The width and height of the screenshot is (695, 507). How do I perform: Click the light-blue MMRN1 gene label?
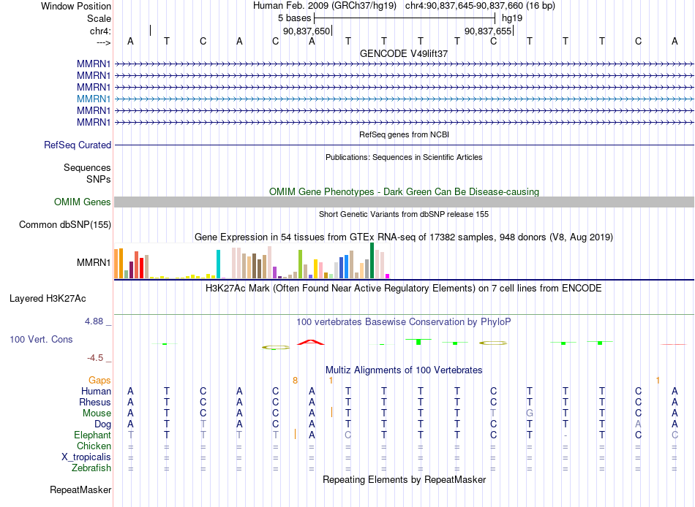coord(94,99)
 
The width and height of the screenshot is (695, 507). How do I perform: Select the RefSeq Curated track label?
coord(78,145)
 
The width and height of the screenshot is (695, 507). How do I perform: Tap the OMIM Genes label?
coord(83,202)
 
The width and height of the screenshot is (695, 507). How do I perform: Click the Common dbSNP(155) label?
coord(65,224)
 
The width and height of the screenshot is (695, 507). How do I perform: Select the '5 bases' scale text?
coord(294,18)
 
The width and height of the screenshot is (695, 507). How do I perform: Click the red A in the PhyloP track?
coord(311,342)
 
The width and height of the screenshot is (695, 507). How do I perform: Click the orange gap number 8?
coord(296,381)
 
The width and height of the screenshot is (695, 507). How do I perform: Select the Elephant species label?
coord(93,435)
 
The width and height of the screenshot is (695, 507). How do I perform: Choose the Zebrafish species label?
coord(91,468)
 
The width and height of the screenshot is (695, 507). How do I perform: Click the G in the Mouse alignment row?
coord(530,413)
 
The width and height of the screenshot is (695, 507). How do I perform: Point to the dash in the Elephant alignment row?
coord(566,435)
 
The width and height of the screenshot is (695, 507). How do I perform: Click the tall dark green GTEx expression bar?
coord(372,260)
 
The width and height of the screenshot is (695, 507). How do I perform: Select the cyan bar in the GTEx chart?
coord(218,264)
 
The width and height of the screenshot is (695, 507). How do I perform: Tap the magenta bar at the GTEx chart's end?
coord(388,276)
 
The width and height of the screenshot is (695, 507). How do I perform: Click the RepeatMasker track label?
coord(80,489)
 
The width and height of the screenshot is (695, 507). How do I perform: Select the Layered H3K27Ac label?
coord(48,299)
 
